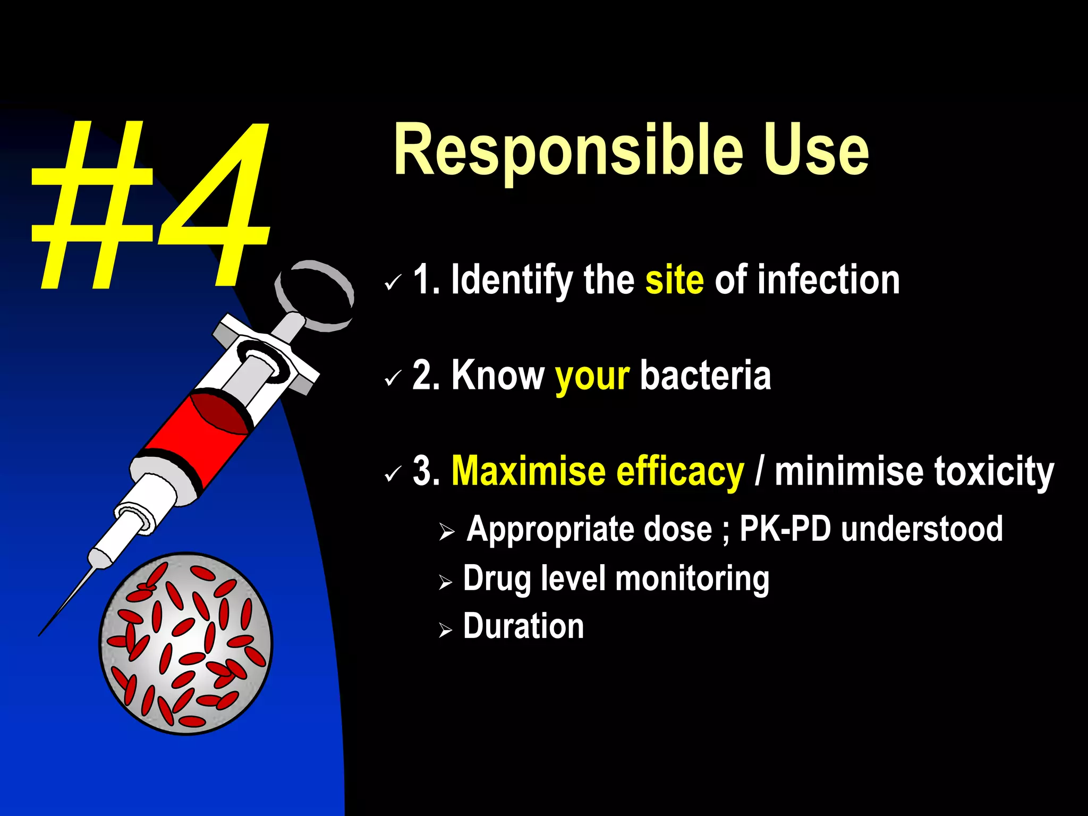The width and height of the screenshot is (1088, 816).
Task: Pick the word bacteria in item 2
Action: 705,375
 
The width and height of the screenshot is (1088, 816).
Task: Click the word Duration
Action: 523,626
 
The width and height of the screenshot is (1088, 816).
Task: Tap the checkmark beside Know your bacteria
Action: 393,379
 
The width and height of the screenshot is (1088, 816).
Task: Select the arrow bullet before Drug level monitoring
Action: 445,583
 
